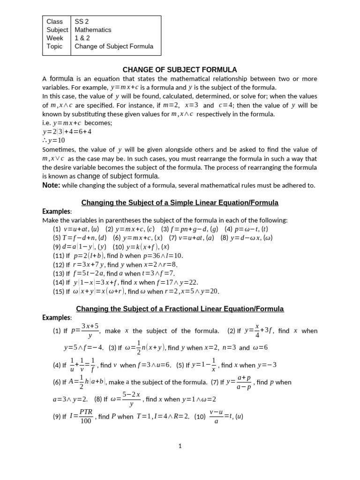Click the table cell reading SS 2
[x=82, y=21]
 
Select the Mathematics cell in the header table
[x=93, y=30]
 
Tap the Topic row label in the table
[x=54, y=46]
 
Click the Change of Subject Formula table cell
[x=114, y=46]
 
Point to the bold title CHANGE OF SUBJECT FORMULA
[x=180, y=70]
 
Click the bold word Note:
[x=51, y=185]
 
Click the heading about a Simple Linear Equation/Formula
[x=180, y=203]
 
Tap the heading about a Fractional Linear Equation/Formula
[x=180, y=309]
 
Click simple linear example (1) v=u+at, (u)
[x=76, y=229]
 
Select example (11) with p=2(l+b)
[x=118, y=255]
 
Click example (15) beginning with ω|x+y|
[x=136, y=291]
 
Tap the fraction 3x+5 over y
[x=90, y=331]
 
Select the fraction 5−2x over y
[x=131, y=399]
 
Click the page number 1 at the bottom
[x=180, y=447]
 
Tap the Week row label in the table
[x=55, y=38]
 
